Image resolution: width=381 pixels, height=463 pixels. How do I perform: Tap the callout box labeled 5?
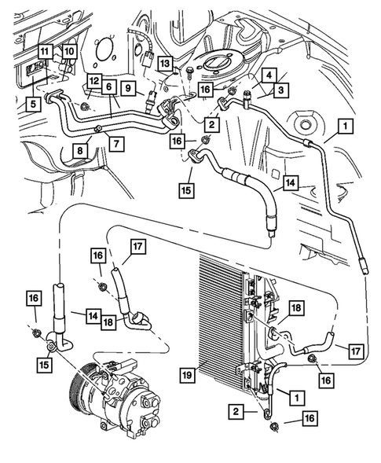click(x=33, y=103)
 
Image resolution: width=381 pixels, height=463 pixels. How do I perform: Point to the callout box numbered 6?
click(x=109, y=87)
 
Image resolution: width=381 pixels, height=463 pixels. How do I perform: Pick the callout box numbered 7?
click(x=115, y=142)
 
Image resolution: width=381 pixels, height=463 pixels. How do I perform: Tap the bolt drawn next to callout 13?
click(x=190, y=73)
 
